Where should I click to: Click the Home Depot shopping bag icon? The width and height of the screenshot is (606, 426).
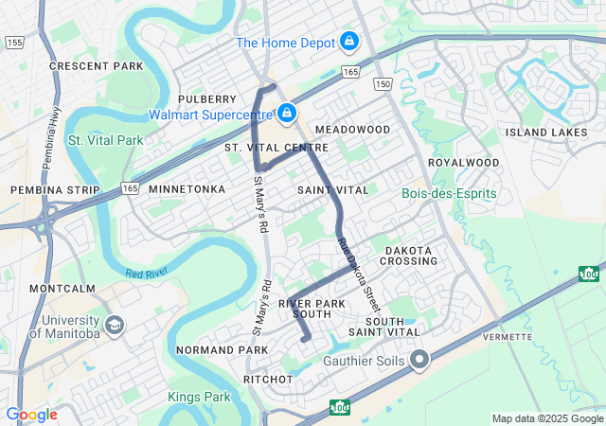pos(349,42)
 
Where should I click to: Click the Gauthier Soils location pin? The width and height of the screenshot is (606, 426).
pos(419,360)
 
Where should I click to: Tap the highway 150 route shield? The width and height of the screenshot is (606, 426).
pos(383,85)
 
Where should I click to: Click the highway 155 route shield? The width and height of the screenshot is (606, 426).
pos(13,43)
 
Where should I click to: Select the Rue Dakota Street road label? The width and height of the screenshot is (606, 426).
pos(360,274)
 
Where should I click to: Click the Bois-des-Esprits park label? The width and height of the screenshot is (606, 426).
pos(449,194)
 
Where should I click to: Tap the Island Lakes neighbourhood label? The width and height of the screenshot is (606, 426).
pos(546,133)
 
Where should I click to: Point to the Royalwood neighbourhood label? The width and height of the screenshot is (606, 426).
pos(463,163)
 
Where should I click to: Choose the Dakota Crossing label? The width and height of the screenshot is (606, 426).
pos(410,256)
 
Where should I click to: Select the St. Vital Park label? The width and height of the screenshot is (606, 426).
pos(105,140)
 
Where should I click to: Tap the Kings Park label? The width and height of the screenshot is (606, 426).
pos(199,396)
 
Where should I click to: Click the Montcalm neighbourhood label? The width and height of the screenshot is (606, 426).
pos(62,288)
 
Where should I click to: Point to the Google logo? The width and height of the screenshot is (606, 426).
pos(31,415)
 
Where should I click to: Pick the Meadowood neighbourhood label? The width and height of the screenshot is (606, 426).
pos(352,129)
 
